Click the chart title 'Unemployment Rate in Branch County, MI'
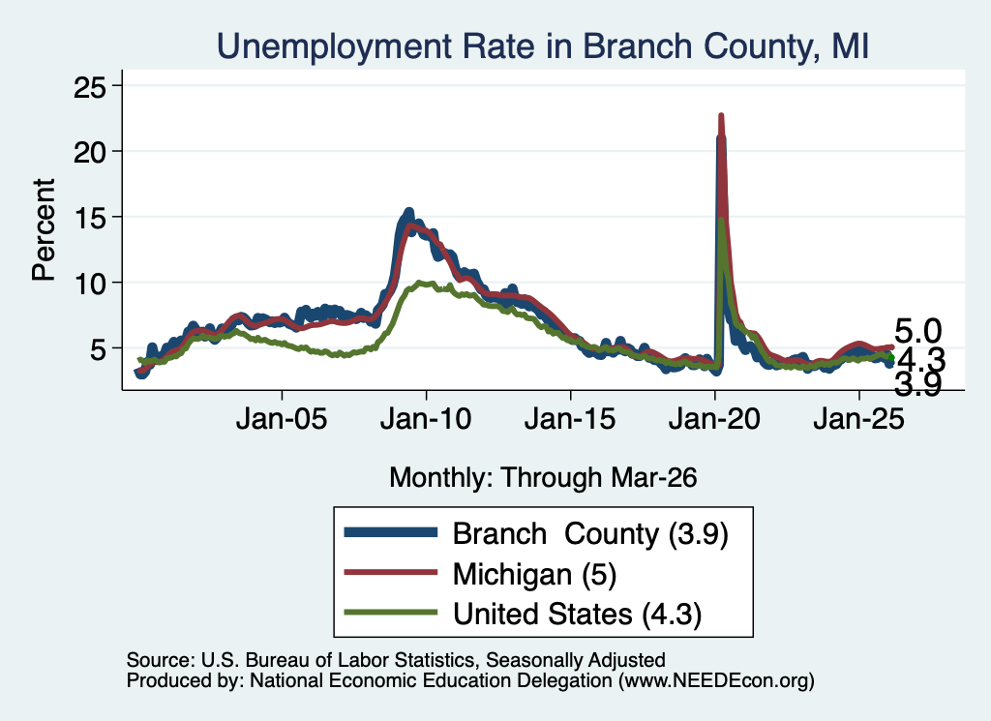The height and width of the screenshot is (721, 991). pos(542,46)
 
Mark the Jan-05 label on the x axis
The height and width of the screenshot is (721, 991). pos(282,418)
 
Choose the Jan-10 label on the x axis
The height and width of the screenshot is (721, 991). pos(426,418)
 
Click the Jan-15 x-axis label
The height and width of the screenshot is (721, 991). pos(570,418)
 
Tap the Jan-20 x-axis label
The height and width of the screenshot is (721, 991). pos(714,418)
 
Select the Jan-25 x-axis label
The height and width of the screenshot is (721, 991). pos(859,418)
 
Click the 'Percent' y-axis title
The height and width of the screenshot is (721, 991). pos(45,229)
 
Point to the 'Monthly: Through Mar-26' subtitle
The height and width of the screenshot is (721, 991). pos(543,478)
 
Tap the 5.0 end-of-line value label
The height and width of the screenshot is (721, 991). pos(917,331)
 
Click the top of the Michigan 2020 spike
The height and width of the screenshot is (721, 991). pos(721,115)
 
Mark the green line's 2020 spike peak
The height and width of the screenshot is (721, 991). pos(721,220)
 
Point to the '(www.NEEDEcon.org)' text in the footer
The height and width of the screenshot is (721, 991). pos(716,680)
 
